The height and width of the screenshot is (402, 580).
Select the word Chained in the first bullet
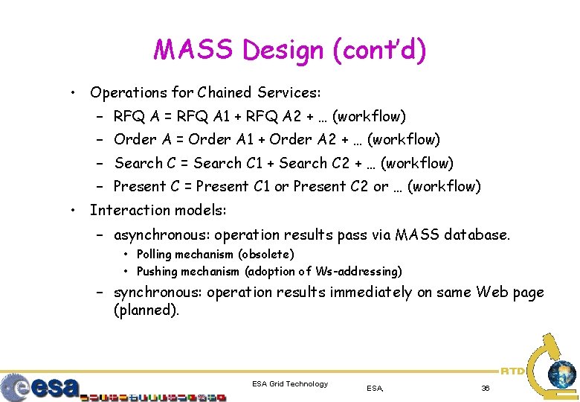point(224,93)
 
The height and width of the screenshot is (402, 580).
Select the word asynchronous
point(157,235)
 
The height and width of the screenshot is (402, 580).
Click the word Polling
point(155,255)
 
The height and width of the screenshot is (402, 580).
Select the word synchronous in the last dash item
point(157,293)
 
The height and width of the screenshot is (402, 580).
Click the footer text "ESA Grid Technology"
point(290,384)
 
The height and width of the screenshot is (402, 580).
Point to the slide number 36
point(486,388)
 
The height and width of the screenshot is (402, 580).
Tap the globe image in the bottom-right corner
point(561,374)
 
